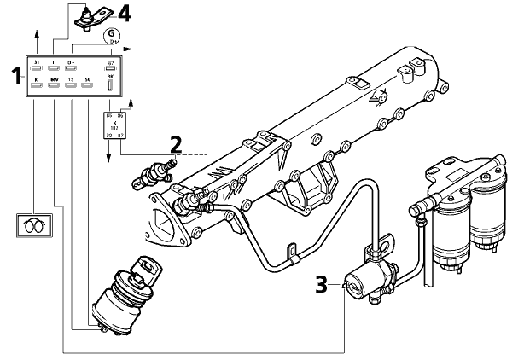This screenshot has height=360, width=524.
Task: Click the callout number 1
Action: [15, 76]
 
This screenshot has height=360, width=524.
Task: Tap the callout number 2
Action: [174, 143]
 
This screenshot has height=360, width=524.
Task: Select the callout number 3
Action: [321, 282]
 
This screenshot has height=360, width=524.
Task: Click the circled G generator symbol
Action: [109, 36]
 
